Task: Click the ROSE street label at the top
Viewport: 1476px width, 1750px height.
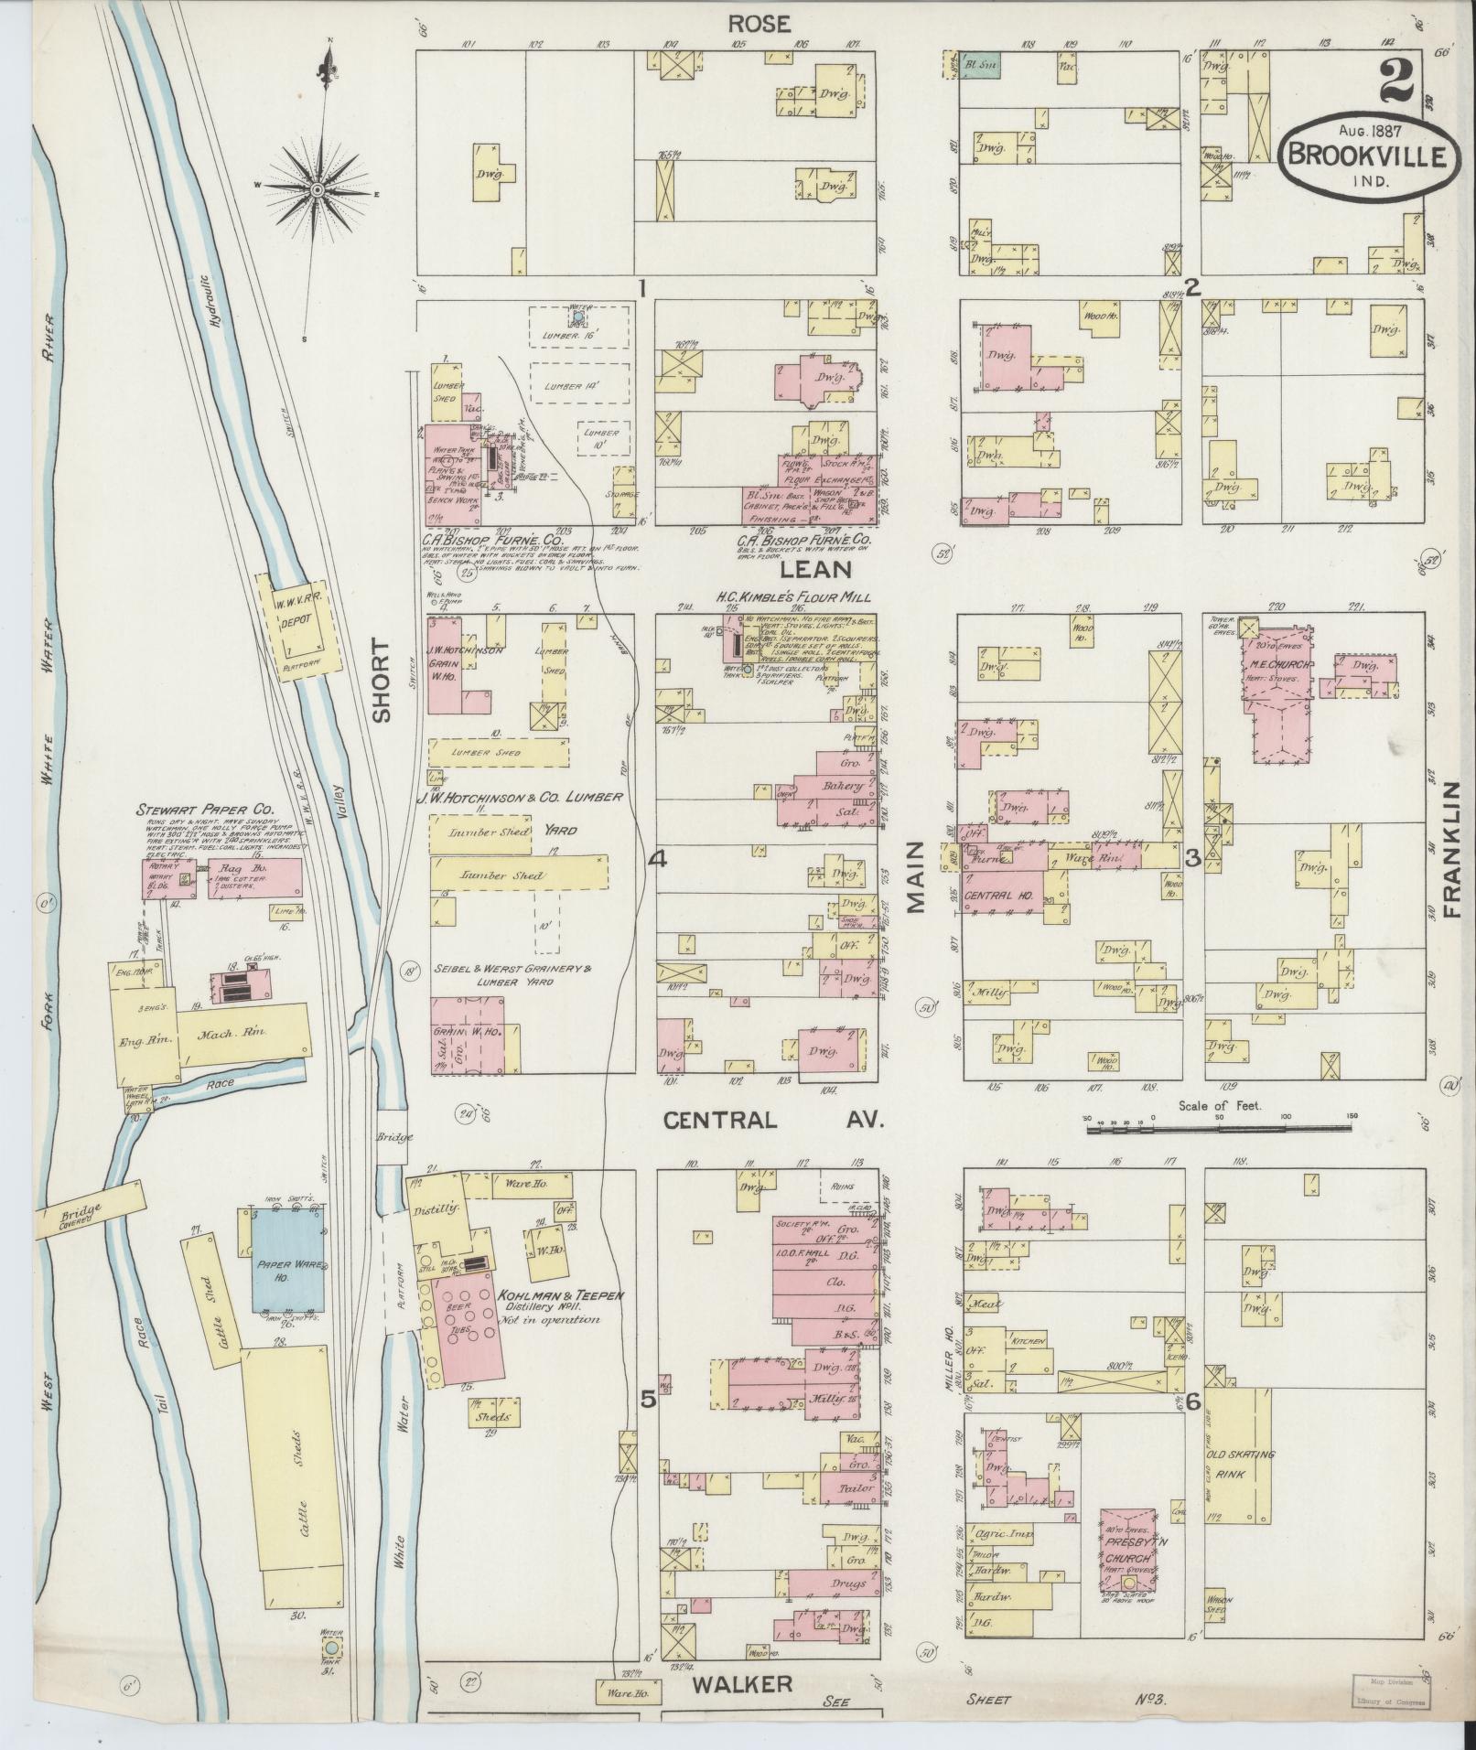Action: (758, 25)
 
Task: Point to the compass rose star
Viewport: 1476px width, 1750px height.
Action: (317, 189)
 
